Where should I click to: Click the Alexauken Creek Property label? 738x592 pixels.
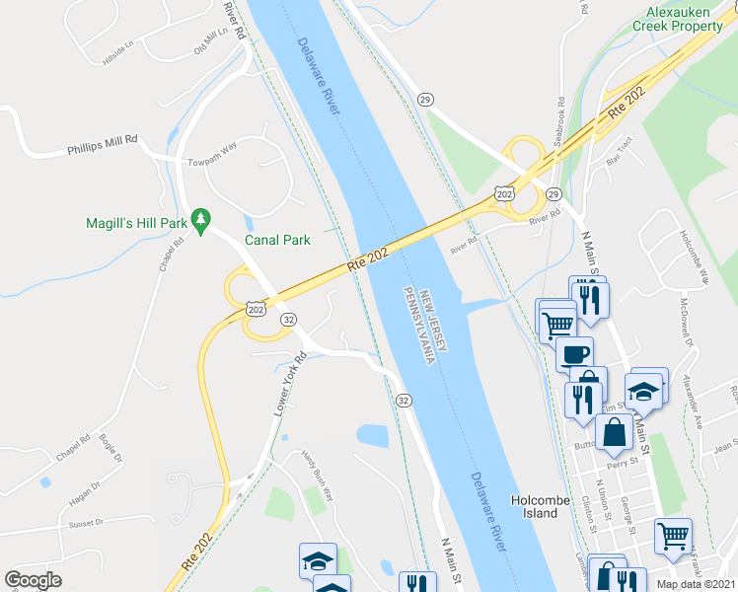click(x=685, y=19)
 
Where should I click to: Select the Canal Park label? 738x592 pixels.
click(x=278, y=240)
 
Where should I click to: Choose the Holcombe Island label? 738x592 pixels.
click(x=540, y=507)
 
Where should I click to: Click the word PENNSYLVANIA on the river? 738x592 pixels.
click(x=419, y=325)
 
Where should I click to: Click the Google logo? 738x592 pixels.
click(x=33, y=579)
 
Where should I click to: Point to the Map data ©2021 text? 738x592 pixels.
click(x=696, y=584)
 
